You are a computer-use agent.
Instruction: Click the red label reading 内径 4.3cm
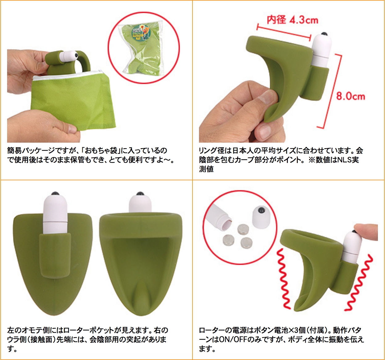point(292,20)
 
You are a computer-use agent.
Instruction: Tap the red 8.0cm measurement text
point(350,96)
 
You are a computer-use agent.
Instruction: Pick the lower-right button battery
point(246,243)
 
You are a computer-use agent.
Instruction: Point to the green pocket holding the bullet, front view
point(55,255)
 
